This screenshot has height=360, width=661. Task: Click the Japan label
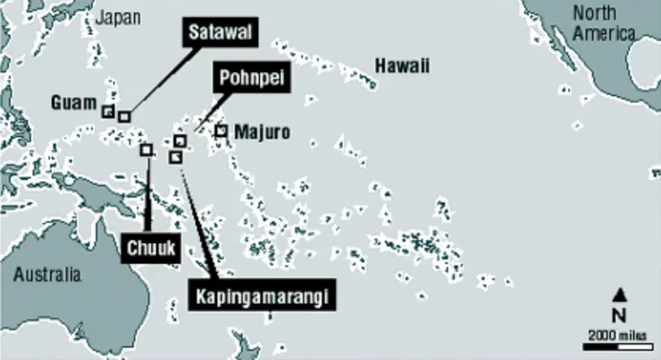click(x=118, y=18)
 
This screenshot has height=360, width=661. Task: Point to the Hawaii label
click(x=402, y=65)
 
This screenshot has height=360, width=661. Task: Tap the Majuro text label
click(x=262, y=132)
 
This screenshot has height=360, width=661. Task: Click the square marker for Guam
click(x=107, y=112)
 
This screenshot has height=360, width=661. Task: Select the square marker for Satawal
click(x=124, y=116)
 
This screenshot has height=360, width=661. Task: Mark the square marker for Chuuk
click(x=146, y=150)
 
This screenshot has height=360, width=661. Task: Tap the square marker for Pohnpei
click(x=180, y=141)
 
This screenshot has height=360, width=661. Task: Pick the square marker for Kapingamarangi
click(x=175, y=157)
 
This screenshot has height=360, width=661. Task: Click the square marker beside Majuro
click(x=221, y=131)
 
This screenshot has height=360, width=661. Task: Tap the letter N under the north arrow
click(x=618, y=314)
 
